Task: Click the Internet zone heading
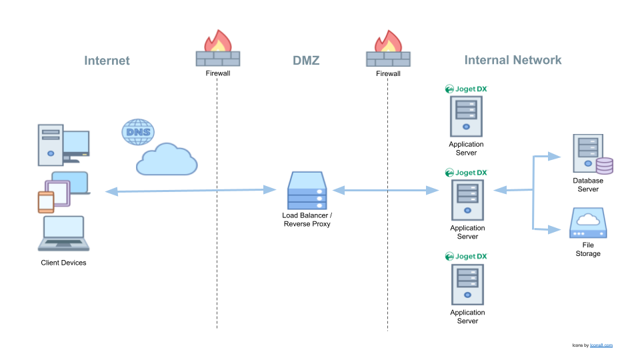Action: point(107,61)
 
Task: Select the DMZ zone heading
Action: point(306,61)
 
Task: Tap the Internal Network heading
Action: point(513,60)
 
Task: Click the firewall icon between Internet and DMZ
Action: point(218,50)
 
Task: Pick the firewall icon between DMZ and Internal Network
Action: point(389,50)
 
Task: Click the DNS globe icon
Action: point(138,131)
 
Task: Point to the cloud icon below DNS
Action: point(167,160)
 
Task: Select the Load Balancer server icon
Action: point(307,190)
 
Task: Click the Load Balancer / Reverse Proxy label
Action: point(307,219)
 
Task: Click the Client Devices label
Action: point(63,263)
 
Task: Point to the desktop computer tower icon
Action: point(51,145)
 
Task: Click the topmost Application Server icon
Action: point(466,116)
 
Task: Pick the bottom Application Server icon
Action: point(467,285)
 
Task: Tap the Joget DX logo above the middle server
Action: point(467,173)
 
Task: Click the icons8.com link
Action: point(601,345)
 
